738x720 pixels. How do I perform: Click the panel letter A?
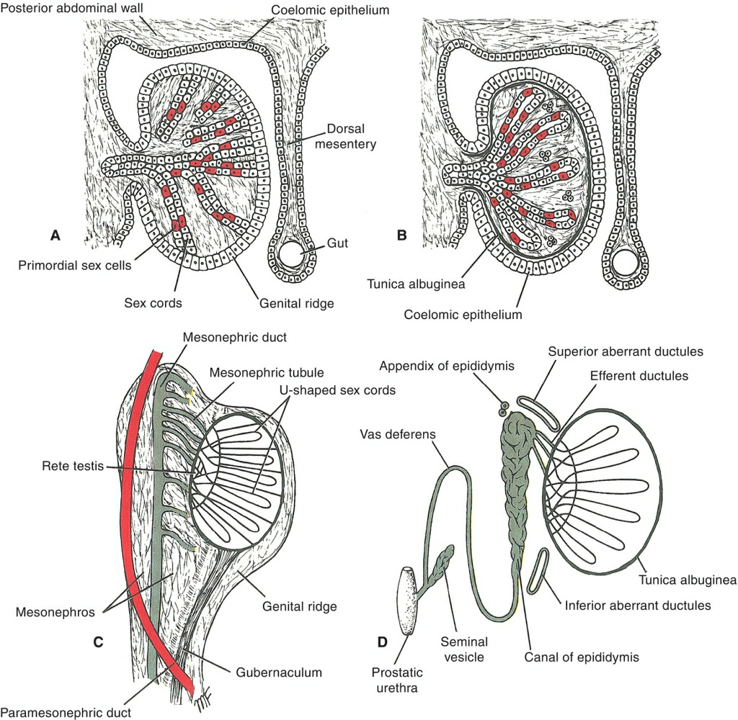coord(54,235)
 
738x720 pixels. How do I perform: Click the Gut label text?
coord(337,243)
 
